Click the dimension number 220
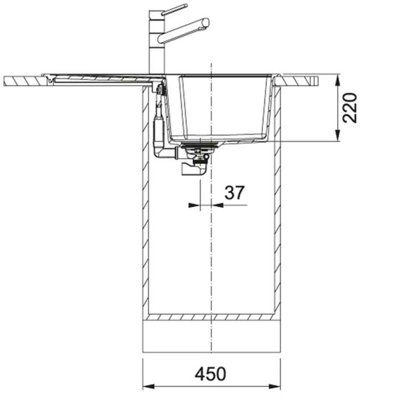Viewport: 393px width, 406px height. (x=349, y=107)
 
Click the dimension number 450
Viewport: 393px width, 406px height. (x=211, y=374)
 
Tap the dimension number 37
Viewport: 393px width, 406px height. (x=235, y=193)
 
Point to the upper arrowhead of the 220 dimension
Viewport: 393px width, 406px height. (x=337, y=79)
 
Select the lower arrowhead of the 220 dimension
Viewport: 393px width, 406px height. (x=337, y=136)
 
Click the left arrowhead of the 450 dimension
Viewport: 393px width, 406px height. (x=149, y=387)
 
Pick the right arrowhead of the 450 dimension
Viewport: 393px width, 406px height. (x=275, y=387)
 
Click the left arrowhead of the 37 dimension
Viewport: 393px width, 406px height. (x=194, y=205)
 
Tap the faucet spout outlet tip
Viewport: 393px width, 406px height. (x=206, y=22)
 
